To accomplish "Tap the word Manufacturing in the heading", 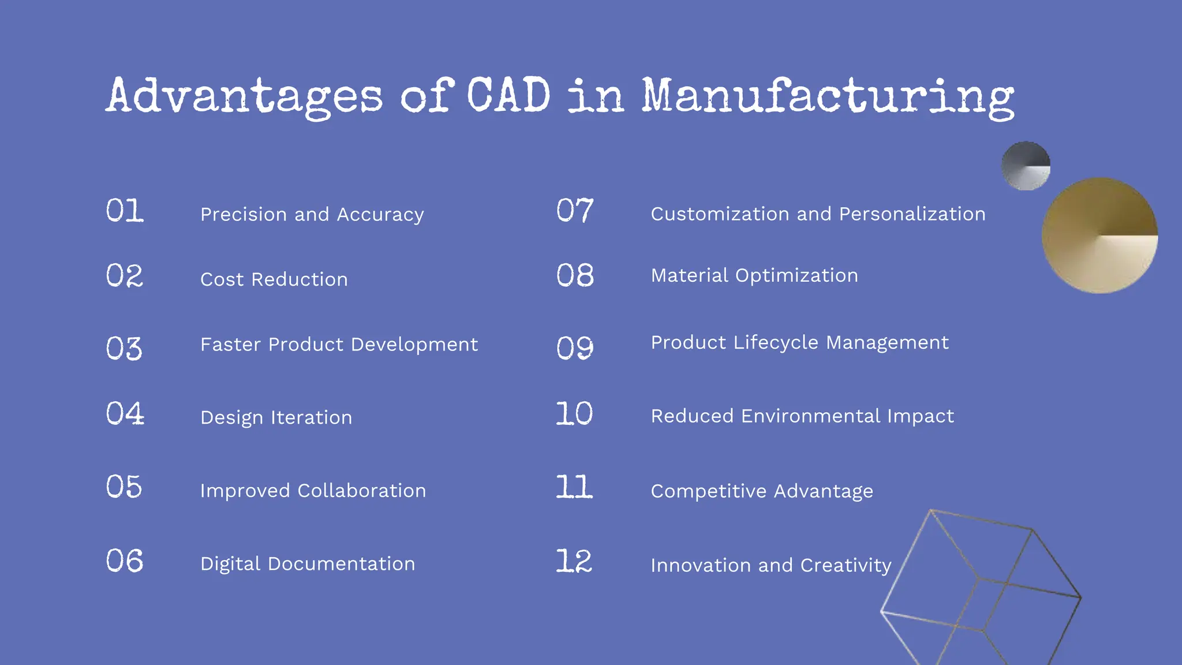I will pyautogui.click(x=828, y=97).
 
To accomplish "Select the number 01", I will pyautogui.click(x=125, y=211).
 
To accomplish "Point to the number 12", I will pyautogui.click(x=574, y=561).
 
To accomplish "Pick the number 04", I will pyautogui.click(x=125, y=414).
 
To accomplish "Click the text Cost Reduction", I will pyautogui.click(x=274, y=279).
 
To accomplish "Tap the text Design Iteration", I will pyautogui.click(x=276, y=417).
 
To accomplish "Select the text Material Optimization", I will pyautogui.click(x=754, y=275).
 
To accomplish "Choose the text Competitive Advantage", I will pyautogui.click(x=762, y=491).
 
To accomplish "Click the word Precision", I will pyautogui.click(x=244, y=214).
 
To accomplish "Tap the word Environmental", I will pyautogui.click(x=810, y=416).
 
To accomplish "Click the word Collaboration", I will pyautogui.click(x=361, y=491).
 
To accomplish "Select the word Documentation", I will pyautogui.click(x=341, y=564).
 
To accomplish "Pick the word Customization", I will pyautogui.click(x=720, y=214).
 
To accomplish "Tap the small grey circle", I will pyautogui.click(x=1026, y=166).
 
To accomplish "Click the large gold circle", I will pyautogui.click(x=1099, y=236).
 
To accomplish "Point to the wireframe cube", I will pyautogui.click(x=981, y=583).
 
